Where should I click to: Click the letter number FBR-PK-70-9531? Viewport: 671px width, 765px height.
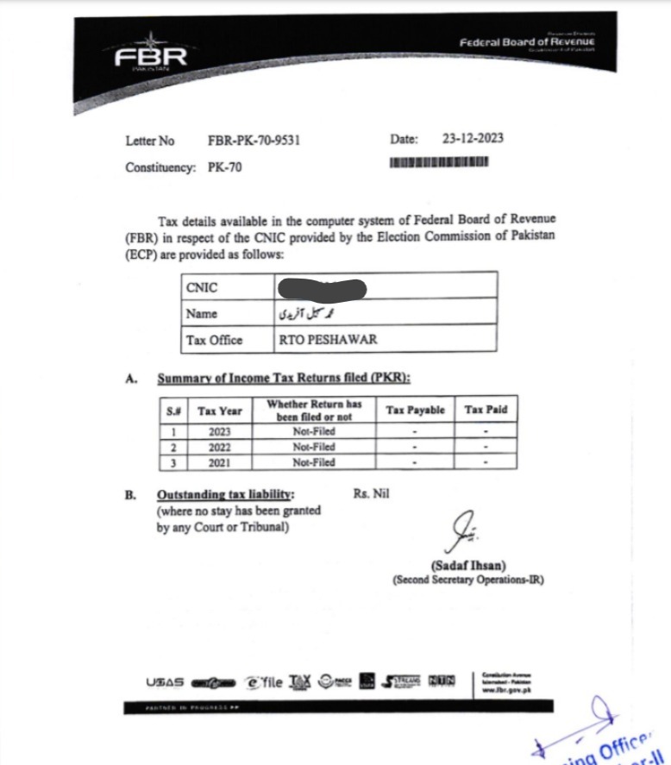254,141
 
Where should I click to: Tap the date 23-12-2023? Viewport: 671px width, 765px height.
473,139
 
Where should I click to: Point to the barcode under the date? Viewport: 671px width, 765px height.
439,162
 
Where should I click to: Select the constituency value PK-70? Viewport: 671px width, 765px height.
224,167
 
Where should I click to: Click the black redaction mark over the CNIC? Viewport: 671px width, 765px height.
323,287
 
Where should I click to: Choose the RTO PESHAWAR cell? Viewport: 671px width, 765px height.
315,340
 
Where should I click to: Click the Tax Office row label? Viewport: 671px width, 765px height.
214,340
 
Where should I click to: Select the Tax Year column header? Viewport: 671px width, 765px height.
219,411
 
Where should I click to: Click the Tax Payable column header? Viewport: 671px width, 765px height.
415,411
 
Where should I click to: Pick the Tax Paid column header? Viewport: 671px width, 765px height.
486,411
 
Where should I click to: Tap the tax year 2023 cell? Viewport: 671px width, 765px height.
219,431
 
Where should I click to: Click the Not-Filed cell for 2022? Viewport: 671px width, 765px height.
313,447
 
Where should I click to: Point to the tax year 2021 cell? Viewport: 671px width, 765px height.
219,462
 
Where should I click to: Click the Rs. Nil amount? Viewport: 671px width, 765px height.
372,494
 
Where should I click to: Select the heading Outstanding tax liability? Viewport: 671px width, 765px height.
224,495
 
